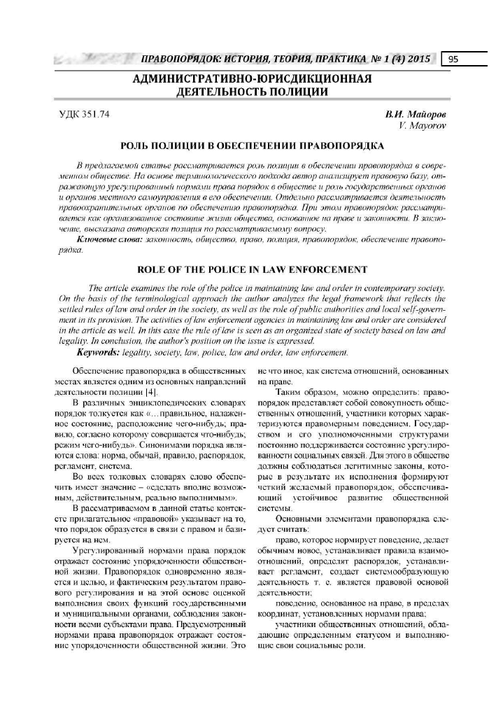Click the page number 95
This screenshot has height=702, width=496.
pos(453,59)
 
